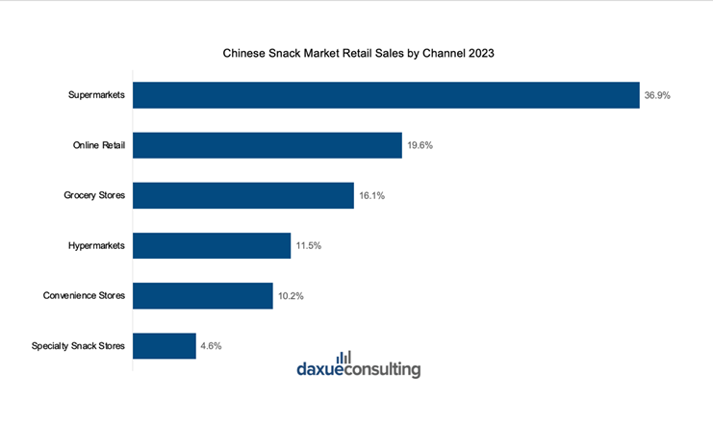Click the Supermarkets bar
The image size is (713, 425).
(x=385, y=95)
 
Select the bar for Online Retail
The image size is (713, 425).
(x=267, y=145)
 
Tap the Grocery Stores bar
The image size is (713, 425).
(x=242, y=195)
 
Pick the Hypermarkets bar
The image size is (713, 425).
(x=211, y=245)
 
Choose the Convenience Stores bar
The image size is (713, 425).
(x=202, y=295)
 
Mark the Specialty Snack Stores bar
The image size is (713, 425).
(x=164, y=345)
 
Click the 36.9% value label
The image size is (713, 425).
(x=658, y=95)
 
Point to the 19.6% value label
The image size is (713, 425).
(x=420, y=146)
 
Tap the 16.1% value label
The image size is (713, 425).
(x=372, y=196)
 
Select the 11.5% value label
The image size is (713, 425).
(x=309, y=246)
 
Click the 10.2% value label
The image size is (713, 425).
(x=292, y=296)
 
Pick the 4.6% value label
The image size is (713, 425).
(x=212, y=346)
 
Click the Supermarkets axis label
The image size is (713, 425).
(x=96, y=95)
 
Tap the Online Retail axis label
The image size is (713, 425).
(x=99, y=145)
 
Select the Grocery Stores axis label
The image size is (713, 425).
(x=94, y=195)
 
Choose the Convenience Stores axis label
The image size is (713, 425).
(x=85, y=295)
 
